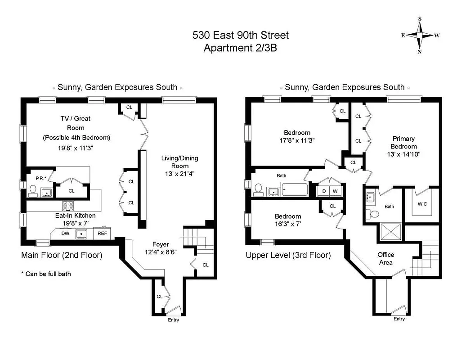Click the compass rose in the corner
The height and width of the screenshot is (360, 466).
click(x=420, y=36)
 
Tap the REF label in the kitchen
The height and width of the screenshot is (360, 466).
click(x=103, y=233)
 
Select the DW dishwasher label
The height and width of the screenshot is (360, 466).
click(x=65, y=233)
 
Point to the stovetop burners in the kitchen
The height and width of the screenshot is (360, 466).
click(x=68, y=206)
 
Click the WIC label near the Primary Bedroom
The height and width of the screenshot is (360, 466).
click(x=422, y=204)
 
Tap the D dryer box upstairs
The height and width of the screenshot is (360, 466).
click(x=324, y=191)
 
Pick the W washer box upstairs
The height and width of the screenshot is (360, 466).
click(x=335, y=191)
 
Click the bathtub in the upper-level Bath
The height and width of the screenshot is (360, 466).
click(x=294, y=191)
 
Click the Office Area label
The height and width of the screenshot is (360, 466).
click(x=385, y=258)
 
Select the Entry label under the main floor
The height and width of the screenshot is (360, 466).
click(x=173, y=320)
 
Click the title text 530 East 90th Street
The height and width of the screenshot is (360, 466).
click(x=240, y=35)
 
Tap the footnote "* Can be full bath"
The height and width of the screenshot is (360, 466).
click(x=45, y=274)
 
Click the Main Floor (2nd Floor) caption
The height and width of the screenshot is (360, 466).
click(x=62, y=255)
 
